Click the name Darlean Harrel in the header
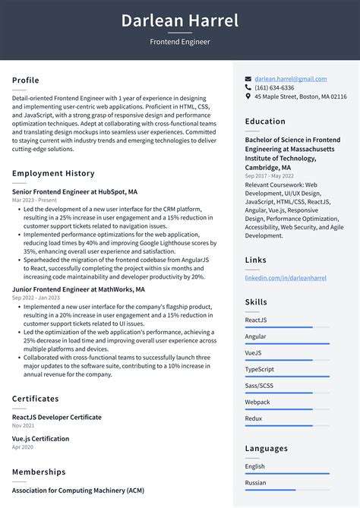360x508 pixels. pyautogui.click(x=180, y=21)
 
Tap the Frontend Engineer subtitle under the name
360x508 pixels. pyautogui.click(x=180, y=42)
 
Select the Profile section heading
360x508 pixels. pyautogui.click(x=26, y=80)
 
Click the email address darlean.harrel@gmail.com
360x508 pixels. pyautogui.click(x=291, y=79)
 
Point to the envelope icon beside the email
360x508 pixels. pyautogui.click(x=248, y=79)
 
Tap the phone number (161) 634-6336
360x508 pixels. pyautogui.click(x=274, y=88)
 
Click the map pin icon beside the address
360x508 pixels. pyautogui.click(x=248, y=97)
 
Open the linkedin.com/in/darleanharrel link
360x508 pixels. pyautogui.click(x=286, y=279)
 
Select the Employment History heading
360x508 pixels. pyautogui.click(x=53, y=174)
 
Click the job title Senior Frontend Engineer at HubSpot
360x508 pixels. pyautogui.click(x=74, y=192)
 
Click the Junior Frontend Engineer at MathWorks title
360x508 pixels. pyautogui.click(x=78, y=289)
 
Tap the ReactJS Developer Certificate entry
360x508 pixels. pyautogui.click(x=56, y=417)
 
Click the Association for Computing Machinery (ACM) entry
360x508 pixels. pyautogui.click(x=77, y=490)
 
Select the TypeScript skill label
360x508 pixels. pyautogui.click(x=260, y=369)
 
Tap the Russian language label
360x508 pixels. pyautogui.click(x=256, y=482)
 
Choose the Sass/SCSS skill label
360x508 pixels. pyautogui.click(x=260, y=386)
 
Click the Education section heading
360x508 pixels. pyautogui.click(x=265, y=121)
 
